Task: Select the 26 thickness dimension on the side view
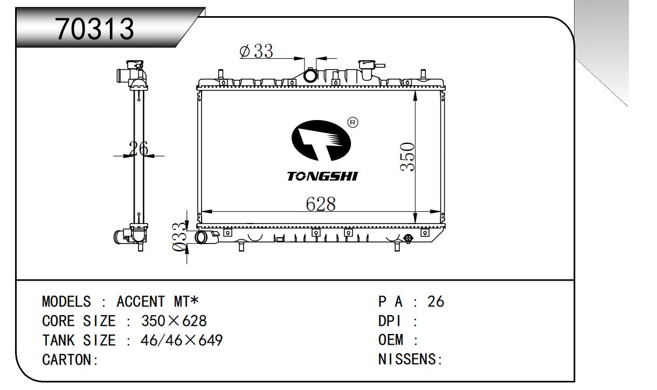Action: pos(139,148)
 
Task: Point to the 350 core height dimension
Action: pos(407,157)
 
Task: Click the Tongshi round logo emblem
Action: pos(320,139)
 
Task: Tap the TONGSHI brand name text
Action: pos(323,176)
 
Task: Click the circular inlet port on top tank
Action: pos(311,76)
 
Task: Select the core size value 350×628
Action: pos(174,322)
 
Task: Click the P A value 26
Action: pos(435,302)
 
